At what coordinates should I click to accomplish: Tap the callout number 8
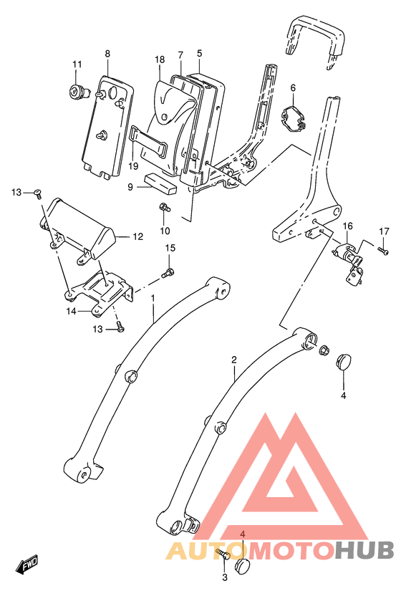pyautogui.click(x=107, y=54)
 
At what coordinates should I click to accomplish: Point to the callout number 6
pyautogui.click(x=293, y=87)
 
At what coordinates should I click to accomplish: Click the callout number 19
pyautogui.click(x=134, y=166)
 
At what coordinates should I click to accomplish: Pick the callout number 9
pyautogui.click(x=130, y=187)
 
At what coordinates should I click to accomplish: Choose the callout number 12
pyautogui.click(x=138, y=236)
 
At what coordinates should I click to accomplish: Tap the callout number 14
pyautogui.click(x=71, y=312)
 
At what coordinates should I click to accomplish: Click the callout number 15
pyautogui.click(x=170, y=249)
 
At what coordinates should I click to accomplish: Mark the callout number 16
pyautogui.click(x=347, y=226)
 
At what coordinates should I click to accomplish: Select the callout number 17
pyautogui.click(x=385, y=231)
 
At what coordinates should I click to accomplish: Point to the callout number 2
pyautogui.click(x=233, y=360)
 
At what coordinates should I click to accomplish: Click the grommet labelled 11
pyautogui.click(x=76, y=91)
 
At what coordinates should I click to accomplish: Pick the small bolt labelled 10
pyautogui.click(x=165, y=208)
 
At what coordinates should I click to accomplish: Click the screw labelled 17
pyautogui.click(x=382, y=251)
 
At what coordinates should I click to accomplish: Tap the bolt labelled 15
pyautogui.click(x=169, y=271)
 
